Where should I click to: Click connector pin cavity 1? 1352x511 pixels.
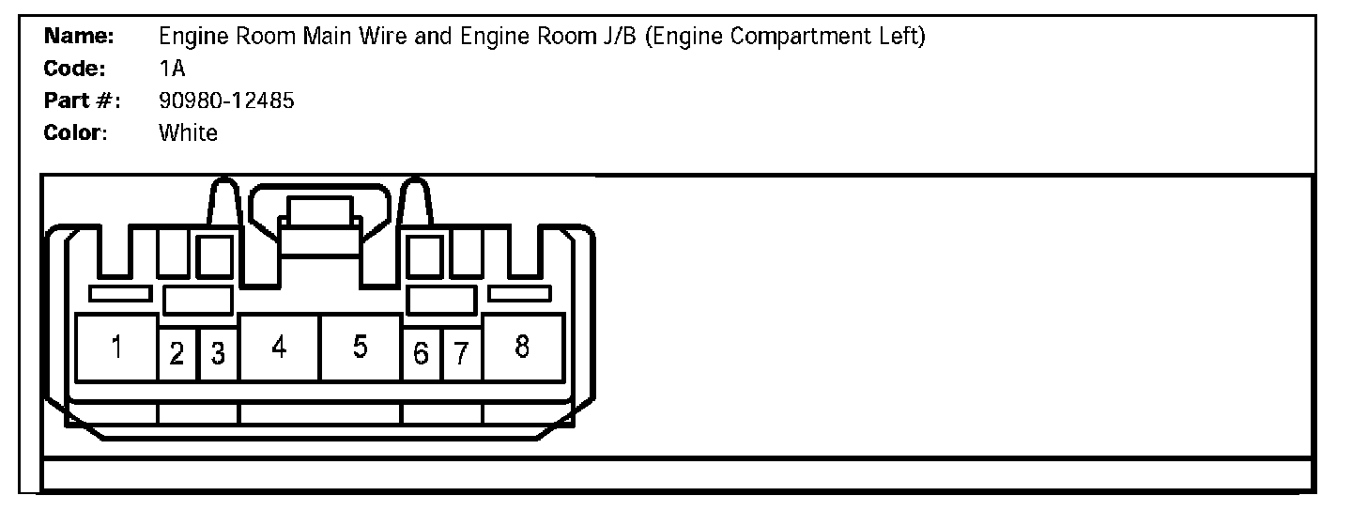coord(115,348)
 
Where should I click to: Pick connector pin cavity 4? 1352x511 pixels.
coord(279,348)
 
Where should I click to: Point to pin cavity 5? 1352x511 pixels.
coord(361,348)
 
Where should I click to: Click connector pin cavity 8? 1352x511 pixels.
coord(523,348)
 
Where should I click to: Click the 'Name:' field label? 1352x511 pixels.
coord(79,38)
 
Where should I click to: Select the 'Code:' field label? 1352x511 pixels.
coord(74,70)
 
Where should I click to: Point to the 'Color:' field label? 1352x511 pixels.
coord(75,132)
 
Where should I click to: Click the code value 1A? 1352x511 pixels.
coord(173,70)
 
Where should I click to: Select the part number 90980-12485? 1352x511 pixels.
coord(226,101)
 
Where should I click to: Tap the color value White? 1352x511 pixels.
coord(188,132)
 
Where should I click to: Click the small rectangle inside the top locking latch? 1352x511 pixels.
coord(319,210)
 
